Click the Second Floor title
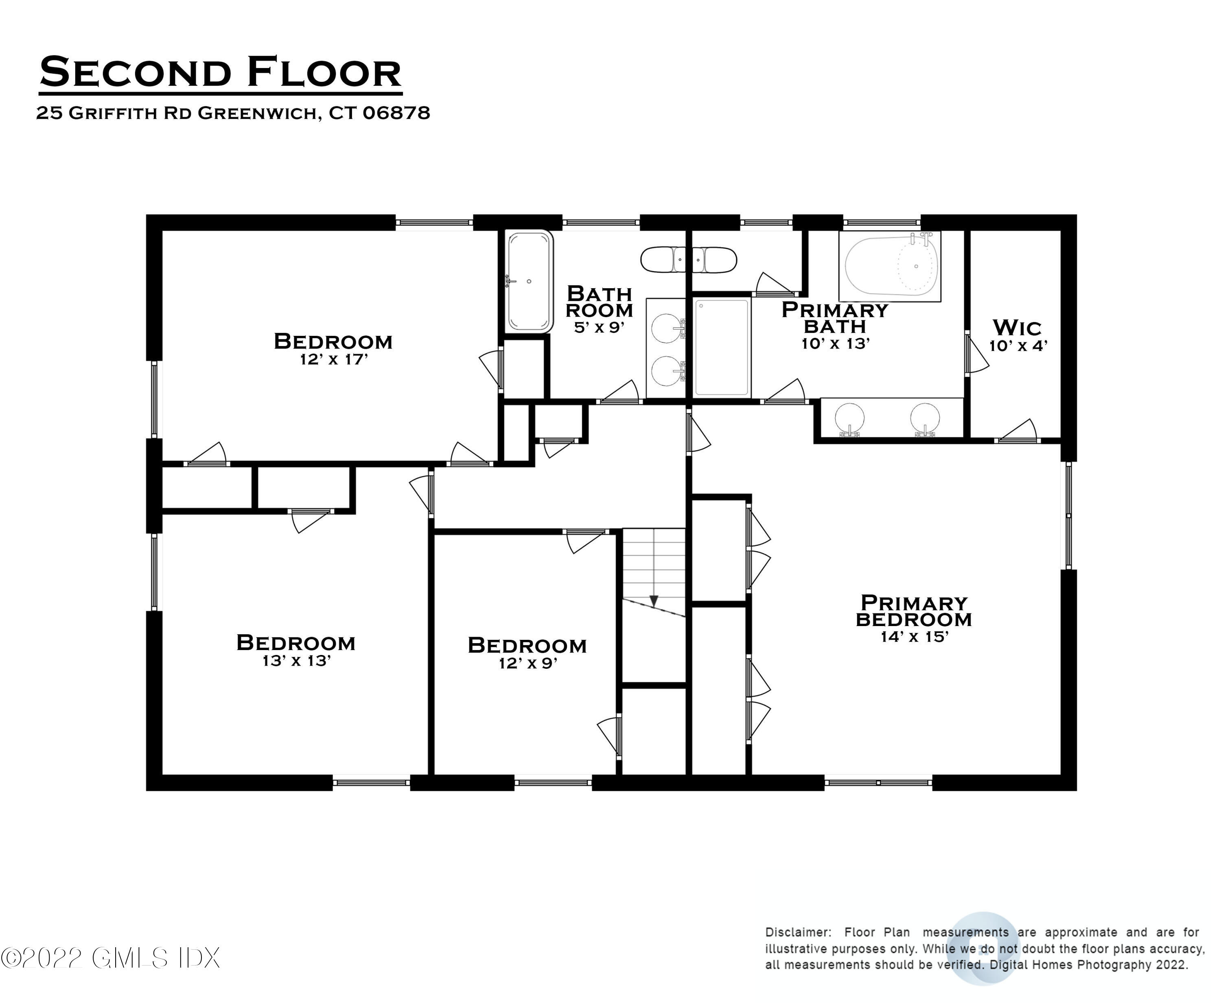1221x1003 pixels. point(220,73)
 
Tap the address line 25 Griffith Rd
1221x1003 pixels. point(233,113)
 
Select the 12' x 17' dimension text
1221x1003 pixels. point(334,359)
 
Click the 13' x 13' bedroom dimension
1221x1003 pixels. point(296,660)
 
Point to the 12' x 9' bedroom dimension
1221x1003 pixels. point(528,663)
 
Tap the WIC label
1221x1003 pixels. point(1017,328)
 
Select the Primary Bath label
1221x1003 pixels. point(835,318)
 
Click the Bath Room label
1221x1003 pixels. point(599,302)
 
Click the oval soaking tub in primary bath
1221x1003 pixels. point(890,266)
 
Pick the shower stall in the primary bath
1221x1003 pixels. point(722,347)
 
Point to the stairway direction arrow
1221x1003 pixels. point(654,601)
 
